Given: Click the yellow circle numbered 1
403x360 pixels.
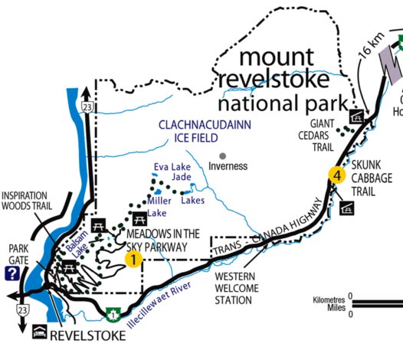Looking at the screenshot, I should click(x=133, y=260).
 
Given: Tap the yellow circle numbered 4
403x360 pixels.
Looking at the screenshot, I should click(x=336, y=175).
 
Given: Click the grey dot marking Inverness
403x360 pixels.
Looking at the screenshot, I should click(x=223, y=156).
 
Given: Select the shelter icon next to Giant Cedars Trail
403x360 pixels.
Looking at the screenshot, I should click(x=356, y=116).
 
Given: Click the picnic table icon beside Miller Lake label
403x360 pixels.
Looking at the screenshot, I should click(x=139, y=218).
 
